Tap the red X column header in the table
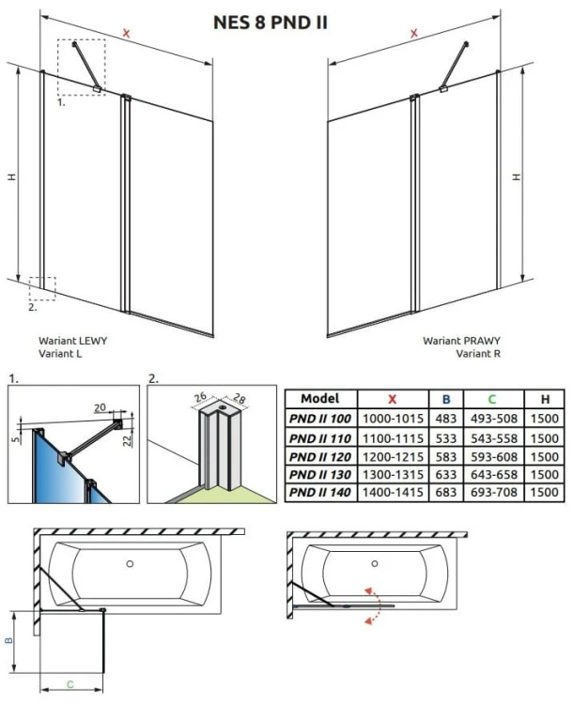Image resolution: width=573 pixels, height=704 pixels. pyautogui.click(x=391, y=399)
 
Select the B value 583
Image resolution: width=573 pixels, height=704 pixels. pyautogui.click(x=446, y=455)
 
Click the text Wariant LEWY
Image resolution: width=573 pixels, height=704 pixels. pyautogui.click(x=72, y=341)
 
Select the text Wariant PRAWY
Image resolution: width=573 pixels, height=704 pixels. pyautogui.click(x=461, y=341)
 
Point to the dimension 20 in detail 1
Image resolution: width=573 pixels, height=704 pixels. pyautogui.click(x=100, y=408)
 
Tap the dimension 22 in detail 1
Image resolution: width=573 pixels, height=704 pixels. pyautogui.click(x=130, y=440)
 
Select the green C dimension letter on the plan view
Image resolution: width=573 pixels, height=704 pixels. pyautogui.click(x=70, y=682)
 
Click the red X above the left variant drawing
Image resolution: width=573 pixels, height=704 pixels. pyautogui.click(x=126, y=35)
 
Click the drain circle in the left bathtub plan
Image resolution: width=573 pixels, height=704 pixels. pyautogui.click(x=131, y=564)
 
